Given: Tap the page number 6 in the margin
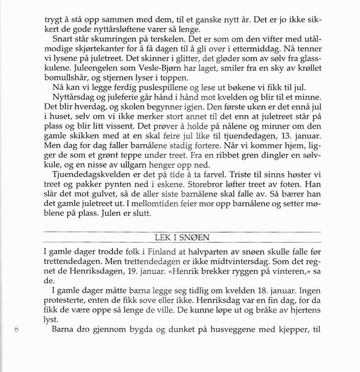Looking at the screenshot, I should click(x=16, y=328).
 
